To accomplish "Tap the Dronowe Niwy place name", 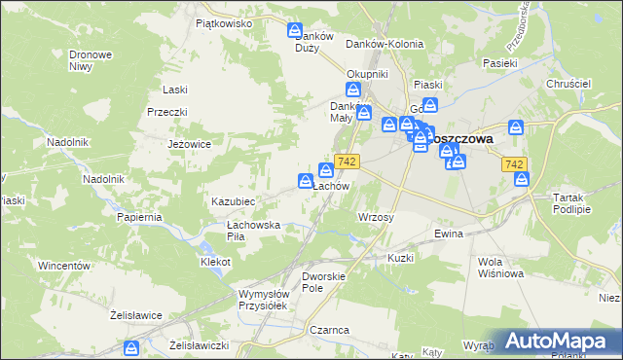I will click(x=89, y=61).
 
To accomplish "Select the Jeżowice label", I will click(x=190, y=143).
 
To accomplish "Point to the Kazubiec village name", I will click(x=234, y=200).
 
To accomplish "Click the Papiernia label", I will click(x=138, y=217).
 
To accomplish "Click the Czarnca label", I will click(x=330, y=330).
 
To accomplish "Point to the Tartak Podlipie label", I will click(x=571, y=202).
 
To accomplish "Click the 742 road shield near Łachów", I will click(x=348, y=161).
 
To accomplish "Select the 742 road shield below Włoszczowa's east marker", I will click(x=516, y=165).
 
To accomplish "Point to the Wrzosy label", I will click(x=376, y=217).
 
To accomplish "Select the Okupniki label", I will click(x=368, y=74).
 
